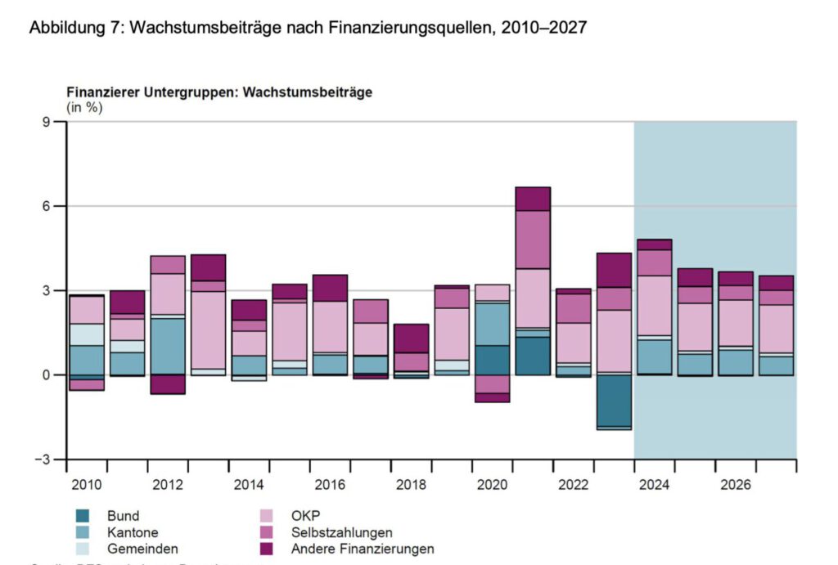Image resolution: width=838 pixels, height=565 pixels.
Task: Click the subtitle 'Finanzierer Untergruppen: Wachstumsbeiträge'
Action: pyautogui.click(x=219, y=92)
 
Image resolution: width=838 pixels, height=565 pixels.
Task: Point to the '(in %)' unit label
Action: pyautogui.click(x=84, y=107)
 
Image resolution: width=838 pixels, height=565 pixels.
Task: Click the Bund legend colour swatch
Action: pyautogui.click(x=82, y=516)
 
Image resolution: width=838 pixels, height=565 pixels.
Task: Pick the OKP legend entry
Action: pyautogui.click(x=305, y=516)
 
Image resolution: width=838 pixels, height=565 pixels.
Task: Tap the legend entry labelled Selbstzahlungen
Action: pyautogui.click(x=336, y=532)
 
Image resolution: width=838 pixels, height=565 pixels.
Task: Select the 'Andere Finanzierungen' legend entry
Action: pyautogui.click(x=363, y=549)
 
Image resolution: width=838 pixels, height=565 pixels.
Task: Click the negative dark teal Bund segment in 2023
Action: pyautogui.click(x=614, y=400)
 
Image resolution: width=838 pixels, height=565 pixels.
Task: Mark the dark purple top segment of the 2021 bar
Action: pyautogui.click(x=532, y=199)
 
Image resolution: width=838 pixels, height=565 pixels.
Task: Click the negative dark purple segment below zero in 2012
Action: pyautogui.click(x=167, y=384)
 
